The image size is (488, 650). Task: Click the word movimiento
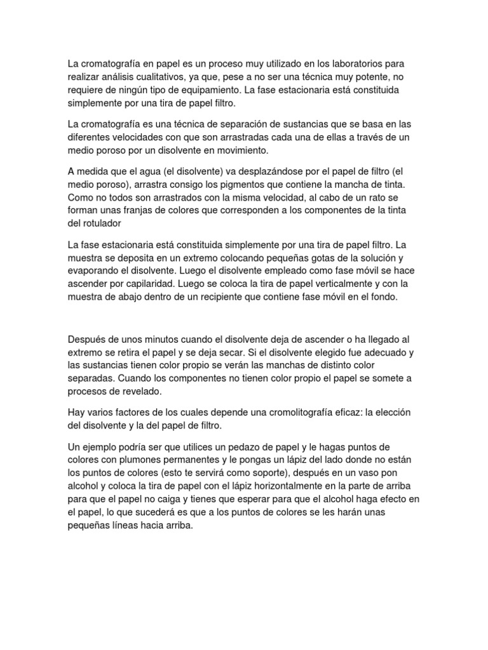click(251, 149)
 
